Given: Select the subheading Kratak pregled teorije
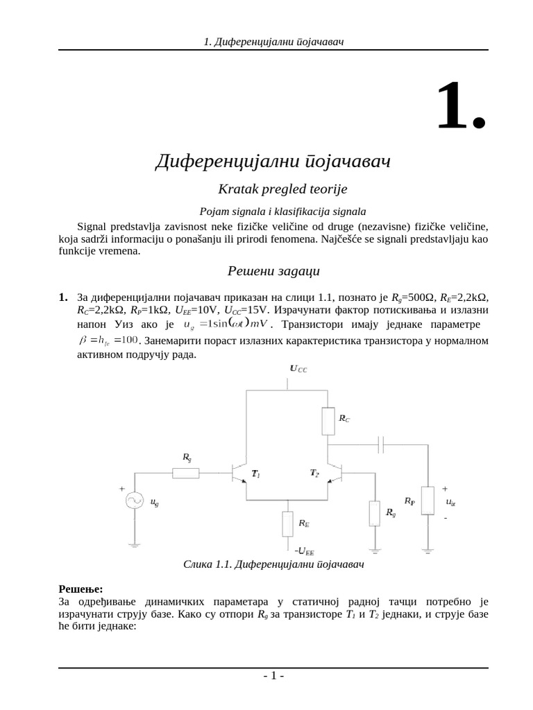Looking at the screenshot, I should coord(273,189).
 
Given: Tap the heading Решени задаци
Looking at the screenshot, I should coord(273,270).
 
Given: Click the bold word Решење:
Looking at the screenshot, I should coord(81,588).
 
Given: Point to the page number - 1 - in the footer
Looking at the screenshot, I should coord(273,676).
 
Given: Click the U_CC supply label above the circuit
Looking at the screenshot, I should coord(298,370).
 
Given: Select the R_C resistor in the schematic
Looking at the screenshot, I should coord(328,420).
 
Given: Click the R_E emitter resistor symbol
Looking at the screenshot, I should coord(288,523).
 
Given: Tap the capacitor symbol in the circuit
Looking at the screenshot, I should coord(381,444).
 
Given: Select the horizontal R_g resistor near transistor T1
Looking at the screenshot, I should coord(185,473).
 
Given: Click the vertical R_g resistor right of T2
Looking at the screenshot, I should coord(375,513).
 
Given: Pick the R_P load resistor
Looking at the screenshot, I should coord(428,501).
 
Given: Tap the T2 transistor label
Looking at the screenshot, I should coord(314,473).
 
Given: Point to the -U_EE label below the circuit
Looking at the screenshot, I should coord(304,551).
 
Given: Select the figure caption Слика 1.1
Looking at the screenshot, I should coord(273,564).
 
